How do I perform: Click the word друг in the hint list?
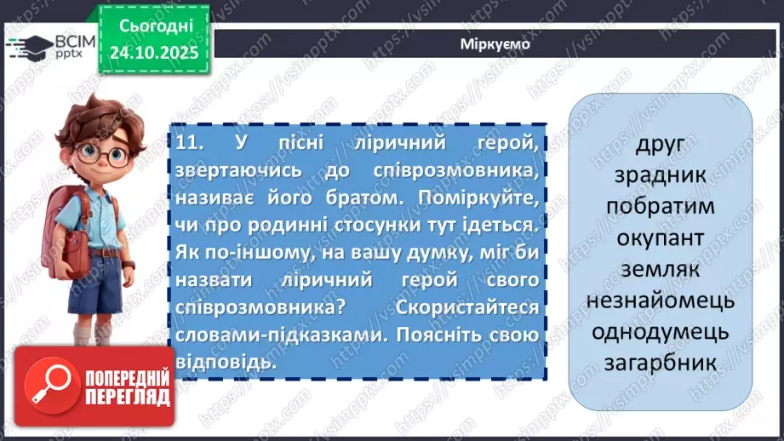pos(660,144)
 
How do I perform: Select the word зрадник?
pos(660,175)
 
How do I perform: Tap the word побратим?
pos(660,206)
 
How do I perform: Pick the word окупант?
pos(660,238)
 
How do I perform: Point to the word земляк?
pos(660,269)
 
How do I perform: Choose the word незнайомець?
pos(660,301)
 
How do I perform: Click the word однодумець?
pos(660,332)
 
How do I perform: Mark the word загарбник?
pos(660,364)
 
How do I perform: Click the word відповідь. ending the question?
pos(228,361)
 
